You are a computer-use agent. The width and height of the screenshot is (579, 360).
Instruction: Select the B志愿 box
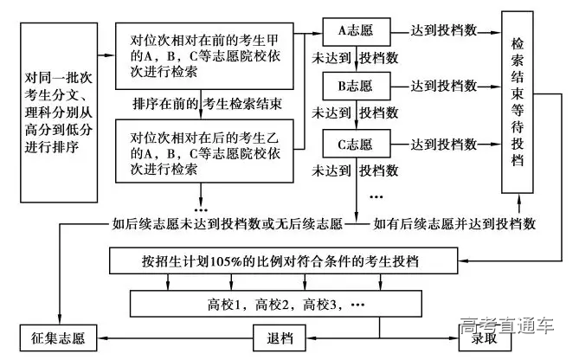pyautogui.click(x=353, y=87)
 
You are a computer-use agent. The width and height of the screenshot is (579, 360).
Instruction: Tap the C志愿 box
pyautogui.click(x=353, y=144)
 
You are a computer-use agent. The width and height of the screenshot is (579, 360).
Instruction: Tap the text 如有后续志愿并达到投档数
pyautogui.click(x=454, y=223)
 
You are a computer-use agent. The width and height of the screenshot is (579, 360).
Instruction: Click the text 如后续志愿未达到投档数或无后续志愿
pyautogui.click(x=227, y=223)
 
